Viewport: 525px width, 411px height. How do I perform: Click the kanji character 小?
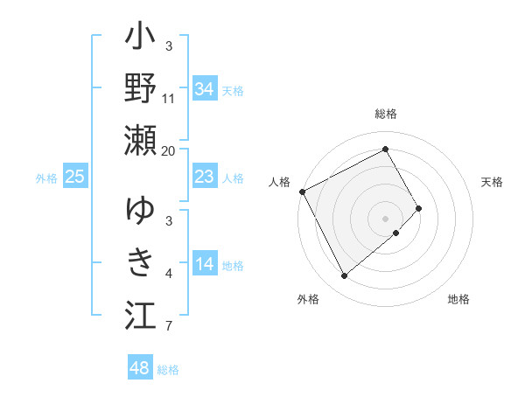pos(140,39)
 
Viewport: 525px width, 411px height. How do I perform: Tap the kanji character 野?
pos(140,89)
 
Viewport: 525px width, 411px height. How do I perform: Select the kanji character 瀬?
pos(140,140)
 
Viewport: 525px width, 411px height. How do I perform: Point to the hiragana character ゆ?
pos(140,212)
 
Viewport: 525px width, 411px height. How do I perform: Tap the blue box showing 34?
pos(205,88)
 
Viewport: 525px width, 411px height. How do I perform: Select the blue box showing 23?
pos(205,177)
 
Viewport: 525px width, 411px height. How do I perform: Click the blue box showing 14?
pos(205,264)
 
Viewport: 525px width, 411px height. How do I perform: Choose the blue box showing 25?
pos(75,178)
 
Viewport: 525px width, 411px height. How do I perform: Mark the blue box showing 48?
pos(140,368)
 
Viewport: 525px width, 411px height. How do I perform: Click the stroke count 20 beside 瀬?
pos(169,150)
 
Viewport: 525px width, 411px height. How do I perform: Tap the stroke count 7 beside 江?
pos(168,327)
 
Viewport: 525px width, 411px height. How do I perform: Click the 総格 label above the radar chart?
pos(386,115)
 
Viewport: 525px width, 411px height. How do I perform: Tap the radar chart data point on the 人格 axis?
pos(302,192)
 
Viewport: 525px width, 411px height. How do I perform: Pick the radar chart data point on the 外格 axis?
pos(344,276)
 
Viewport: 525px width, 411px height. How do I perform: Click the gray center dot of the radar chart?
pos(385,218)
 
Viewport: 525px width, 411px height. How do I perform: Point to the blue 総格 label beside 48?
pos(168,370)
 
